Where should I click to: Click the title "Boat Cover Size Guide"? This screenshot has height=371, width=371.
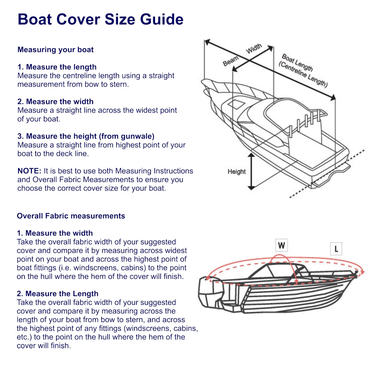point(101,19)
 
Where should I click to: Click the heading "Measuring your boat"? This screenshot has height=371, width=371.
point(56,50)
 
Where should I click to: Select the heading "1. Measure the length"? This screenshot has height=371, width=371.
point(57,67)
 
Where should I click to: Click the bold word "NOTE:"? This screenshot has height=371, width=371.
point(29,171)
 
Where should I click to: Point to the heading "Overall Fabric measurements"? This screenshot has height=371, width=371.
point(71,216)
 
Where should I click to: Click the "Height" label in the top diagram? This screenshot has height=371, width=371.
point(237,172)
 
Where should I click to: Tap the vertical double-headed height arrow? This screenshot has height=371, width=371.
point(252,171)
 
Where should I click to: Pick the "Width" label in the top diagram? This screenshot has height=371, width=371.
point(254,49)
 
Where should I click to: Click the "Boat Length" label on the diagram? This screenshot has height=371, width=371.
point(297,63)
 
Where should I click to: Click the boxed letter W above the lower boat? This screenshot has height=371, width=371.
point(282,245)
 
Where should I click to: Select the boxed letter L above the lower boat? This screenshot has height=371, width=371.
point(336,249)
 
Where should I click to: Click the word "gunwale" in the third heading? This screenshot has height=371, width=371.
point(137,136)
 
